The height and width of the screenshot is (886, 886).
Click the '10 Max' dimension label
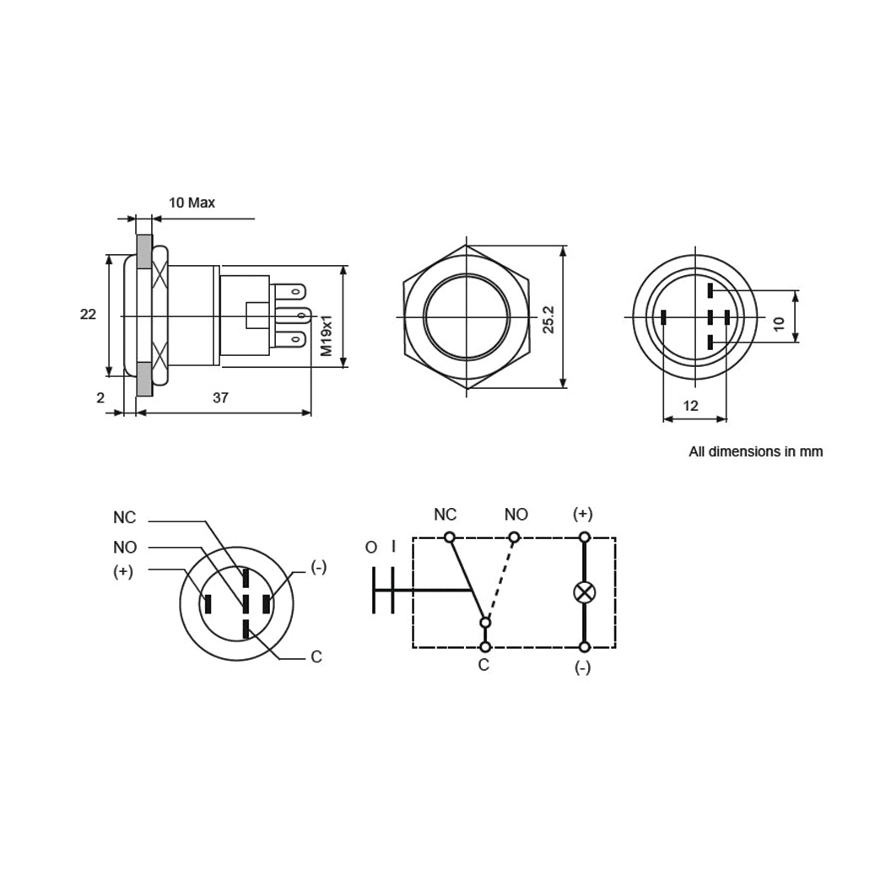pos(192,203)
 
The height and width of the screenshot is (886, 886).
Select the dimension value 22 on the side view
pos(88,314)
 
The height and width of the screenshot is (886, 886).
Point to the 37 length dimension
pos(220,397)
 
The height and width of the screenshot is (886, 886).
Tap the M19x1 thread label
pos(327,334)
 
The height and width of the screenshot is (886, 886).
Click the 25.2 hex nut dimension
pos(548,320)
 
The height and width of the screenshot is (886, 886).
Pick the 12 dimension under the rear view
pos(690,406)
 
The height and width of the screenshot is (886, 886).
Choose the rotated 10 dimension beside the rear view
pos(779,321)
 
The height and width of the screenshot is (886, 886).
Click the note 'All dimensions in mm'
pos(755,451)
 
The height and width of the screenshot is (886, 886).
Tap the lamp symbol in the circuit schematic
pos(584,592)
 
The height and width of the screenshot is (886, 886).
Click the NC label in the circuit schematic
pos(445,515)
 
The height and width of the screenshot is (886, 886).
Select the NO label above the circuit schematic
pos(516,515)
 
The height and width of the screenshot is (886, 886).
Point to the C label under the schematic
pos(484,665)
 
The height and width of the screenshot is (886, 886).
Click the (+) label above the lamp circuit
pos(582,514)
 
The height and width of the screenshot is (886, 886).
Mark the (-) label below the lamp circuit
pos(582,668)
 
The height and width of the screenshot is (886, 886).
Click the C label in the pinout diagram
pos(316,656)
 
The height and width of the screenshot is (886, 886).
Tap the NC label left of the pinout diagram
pos(125,517)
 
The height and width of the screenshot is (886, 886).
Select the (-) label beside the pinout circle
pos(318,567)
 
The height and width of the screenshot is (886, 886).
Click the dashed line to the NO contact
pos(500,579)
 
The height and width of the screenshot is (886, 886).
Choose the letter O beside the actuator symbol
pos(371,548)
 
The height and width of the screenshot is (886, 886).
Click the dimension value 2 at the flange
pos(100,397)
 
